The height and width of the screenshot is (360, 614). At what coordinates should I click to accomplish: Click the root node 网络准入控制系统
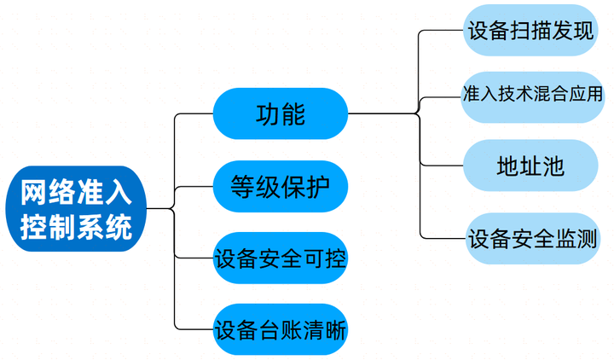[x=76, y=209]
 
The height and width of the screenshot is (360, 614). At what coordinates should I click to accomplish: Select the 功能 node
[x=281, y=113]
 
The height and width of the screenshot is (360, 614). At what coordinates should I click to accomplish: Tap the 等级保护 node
[x=281, y=185]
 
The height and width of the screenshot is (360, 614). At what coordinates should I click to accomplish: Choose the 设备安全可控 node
[x=281, y=257]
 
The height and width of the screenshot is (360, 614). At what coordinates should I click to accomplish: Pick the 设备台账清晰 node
[x=281, y=328]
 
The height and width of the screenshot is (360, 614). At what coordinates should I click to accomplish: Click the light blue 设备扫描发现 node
[x=530, y=31]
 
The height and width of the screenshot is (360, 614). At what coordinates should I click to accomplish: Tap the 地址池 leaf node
[x=530, y=165]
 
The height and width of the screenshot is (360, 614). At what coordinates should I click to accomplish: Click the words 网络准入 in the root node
[x=76, y=192]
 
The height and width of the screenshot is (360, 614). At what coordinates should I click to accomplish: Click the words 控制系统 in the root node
[x=76, y=227]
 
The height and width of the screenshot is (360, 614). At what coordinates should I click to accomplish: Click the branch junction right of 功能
[x=419, y=113]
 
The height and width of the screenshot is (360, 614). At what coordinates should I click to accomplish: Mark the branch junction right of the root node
[x=174, y=208]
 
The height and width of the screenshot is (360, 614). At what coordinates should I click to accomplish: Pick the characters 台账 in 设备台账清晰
[x=281, y=328]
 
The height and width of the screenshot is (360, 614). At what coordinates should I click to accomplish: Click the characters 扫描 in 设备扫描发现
[x=530, y=31]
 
